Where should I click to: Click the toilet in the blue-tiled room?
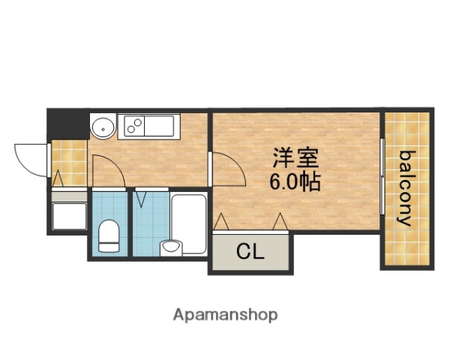(109, 235)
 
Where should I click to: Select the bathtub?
(188, 223)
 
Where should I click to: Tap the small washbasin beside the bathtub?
(172, 247)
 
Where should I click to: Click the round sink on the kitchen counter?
(102, 127)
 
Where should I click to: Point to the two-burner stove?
(137, 125)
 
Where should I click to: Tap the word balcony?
(406, 189)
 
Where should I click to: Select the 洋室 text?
(295, 158)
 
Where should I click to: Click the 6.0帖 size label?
(295, 181)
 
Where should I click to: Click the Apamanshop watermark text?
(225, 315)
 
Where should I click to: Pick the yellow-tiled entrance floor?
(68, 161)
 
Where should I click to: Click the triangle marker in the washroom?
(142, 199)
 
